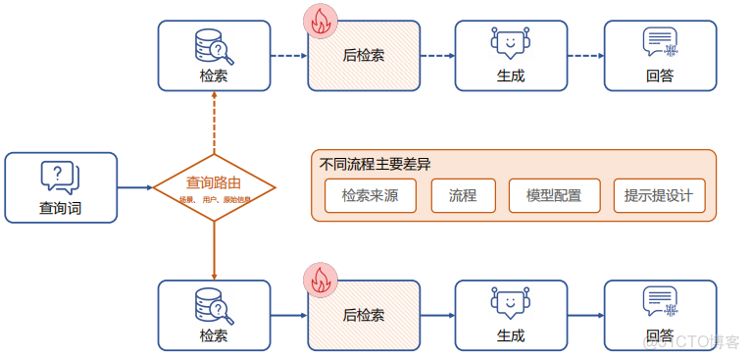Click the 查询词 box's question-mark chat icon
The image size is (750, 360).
tap(60, 177)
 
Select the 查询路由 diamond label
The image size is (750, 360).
tap(214, 182)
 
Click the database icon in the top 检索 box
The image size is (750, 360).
tap(213, 46)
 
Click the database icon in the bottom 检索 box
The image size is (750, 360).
tap(213, 305)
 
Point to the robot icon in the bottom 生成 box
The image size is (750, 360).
tap(510, 304)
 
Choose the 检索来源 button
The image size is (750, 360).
tap(370, 196)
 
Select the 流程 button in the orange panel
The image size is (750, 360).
tap(463, 196)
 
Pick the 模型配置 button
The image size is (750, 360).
tap(553, 196)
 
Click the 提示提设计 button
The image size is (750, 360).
tap(658, 196)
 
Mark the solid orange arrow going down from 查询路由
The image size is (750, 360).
tap(214, 249)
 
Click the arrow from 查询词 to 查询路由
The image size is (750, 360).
tap(134, 186)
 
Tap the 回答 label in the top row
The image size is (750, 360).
tap(659, 75)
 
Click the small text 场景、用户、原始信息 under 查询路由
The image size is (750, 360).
tap(214, 199)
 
